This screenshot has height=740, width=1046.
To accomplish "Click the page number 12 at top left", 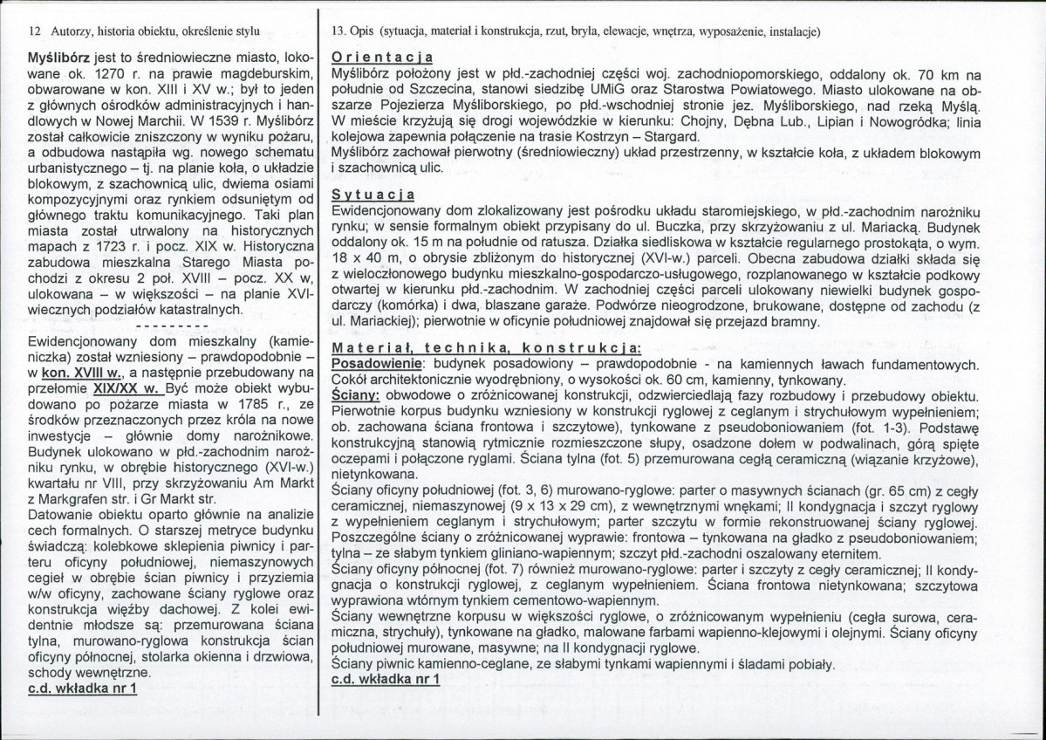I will (x=35, y=31).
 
